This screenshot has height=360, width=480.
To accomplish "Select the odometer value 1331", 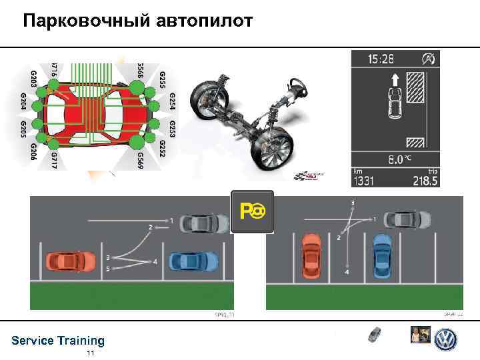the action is pyautogui.click(x=367, y=181).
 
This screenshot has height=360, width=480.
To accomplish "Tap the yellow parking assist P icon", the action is pyautogui.click(x=252, y=211).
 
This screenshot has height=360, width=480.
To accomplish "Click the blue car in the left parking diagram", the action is pyautogui.click(x=194, y=262).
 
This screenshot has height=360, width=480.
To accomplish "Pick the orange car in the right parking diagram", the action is pyautogui.click(x=312, y=255).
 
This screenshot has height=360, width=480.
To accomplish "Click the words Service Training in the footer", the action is pyautogui.click(x=58, y=341).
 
